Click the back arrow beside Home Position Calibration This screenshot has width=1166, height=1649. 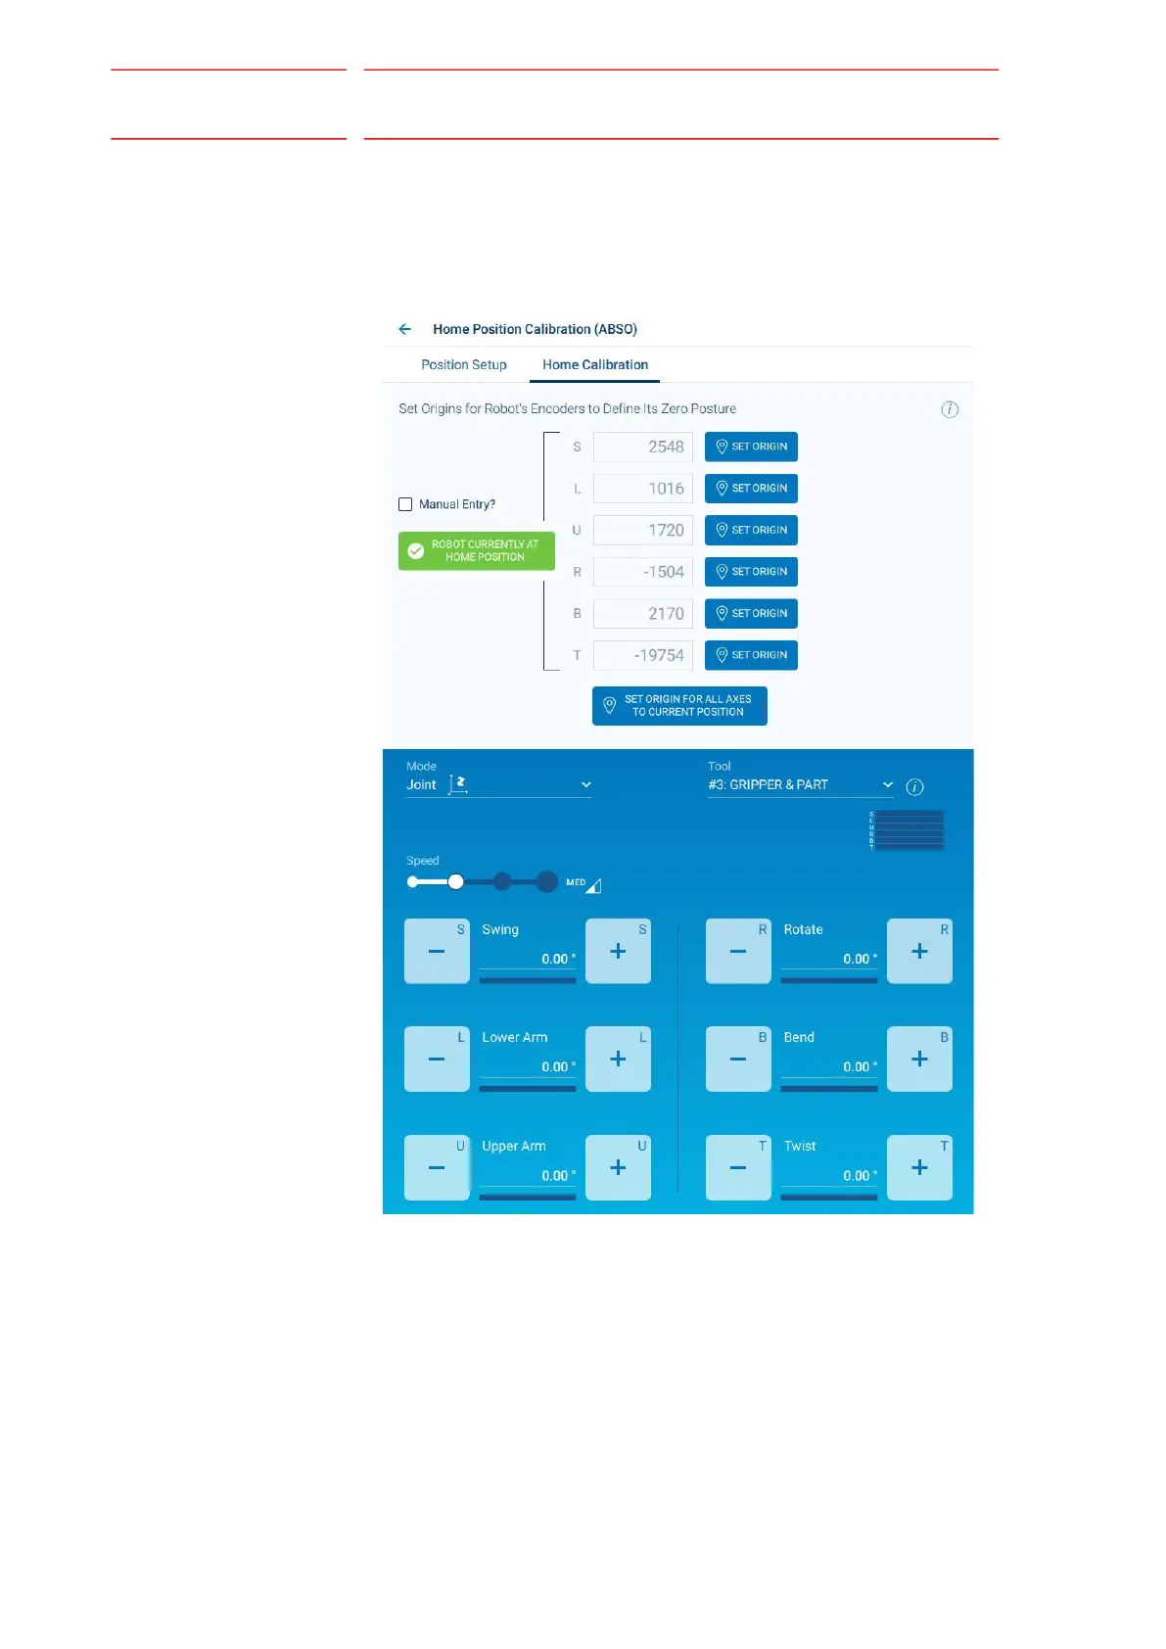pyautogui.click(x=405, y=329)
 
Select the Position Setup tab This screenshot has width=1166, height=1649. pyautogui.click(x=464, y=364)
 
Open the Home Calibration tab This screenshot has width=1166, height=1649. pyautogui.click(x=595, y=364)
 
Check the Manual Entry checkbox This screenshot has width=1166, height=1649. pyautogui.click(x=405, y=504)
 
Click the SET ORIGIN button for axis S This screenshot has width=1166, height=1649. pyautogui.click(x=751, y=447)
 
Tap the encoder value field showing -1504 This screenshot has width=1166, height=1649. pyautogui.click(x=643, y=572)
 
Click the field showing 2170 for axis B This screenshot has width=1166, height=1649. pyautogui.click(x=643, y=614)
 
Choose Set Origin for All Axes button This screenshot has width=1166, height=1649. pyautogui.click(x=679, y=706)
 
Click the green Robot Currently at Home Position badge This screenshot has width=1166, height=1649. pyautogui.click(x=477, y=550)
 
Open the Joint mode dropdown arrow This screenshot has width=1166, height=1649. pyautogui.click(x=586, y=784)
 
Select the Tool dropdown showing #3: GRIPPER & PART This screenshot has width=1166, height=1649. pyautogui.click(x=800, y=784)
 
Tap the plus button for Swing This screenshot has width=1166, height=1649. pyautogui.click(x=618, y=951)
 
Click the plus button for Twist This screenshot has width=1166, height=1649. pyautogui.click(x=919, y=1167)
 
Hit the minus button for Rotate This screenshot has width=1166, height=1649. pyautogui.click(x=738, y=951)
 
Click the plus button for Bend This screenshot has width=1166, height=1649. pyautogui.click(x=919, y=1059)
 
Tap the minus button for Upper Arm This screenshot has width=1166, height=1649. pyautogui.click(x=437, y=1167)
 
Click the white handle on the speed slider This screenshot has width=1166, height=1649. pyautogui.click(x=455, y=882)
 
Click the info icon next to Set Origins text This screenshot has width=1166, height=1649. pyautogui.click(x=950, y=409)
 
